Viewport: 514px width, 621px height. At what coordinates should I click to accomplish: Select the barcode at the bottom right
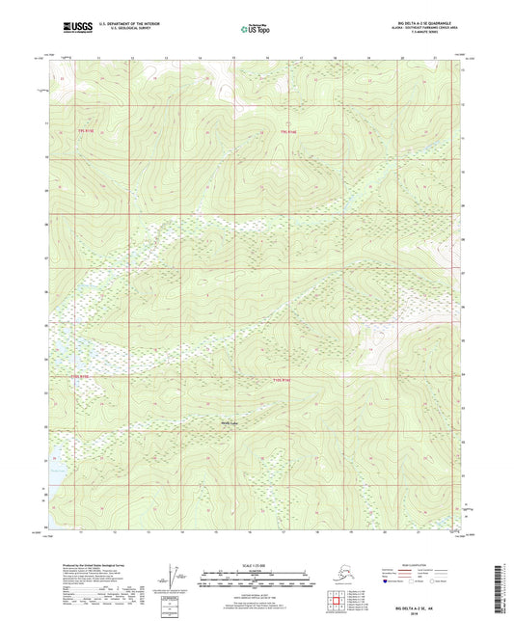[x=504, y=583]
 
